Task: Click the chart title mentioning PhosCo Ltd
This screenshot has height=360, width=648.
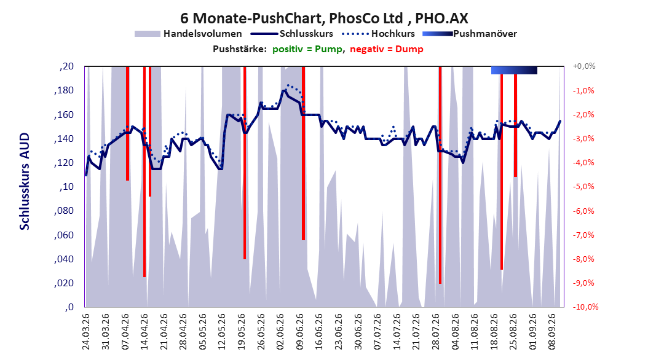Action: point(324,18)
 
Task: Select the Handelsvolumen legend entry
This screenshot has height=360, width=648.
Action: point(188,34)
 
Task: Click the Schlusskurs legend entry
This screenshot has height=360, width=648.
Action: point(292,34)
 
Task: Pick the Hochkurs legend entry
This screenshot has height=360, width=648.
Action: point(379,34)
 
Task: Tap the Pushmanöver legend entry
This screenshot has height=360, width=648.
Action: point(470,34)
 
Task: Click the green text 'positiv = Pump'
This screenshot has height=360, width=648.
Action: point(307,49)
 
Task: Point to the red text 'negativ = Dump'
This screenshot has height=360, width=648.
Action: point(387,49)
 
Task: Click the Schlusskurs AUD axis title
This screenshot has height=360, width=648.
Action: point(25,182)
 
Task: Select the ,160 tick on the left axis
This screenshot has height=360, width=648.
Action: point(64,115)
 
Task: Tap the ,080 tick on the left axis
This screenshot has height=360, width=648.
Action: point(64,211)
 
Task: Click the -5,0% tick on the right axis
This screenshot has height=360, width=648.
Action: point(583,187)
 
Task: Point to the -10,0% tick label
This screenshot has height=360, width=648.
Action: point(585,307)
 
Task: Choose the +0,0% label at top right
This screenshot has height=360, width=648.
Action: point(584,66)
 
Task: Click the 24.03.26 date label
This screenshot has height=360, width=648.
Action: point(86,332)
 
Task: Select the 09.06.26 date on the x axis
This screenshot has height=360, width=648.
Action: point(300,332)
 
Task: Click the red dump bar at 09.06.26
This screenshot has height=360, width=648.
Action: point(303,153)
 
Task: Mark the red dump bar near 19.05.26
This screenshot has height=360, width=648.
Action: point(245,163)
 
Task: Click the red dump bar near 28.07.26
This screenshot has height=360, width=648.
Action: point(440,175)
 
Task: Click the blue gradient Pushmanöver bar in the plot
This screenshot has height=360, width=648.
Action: point(514,71)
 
